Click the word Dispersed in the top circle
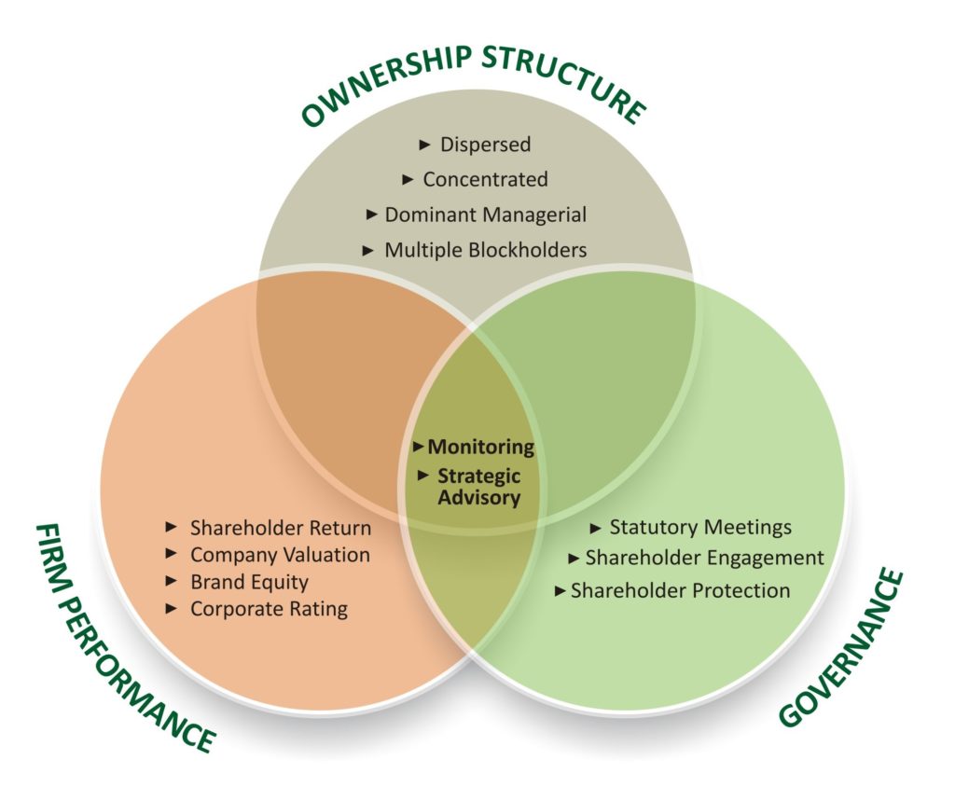coord(485,145)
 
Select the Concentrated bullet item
coord(485,179)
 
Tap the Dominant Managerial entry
coord(486,214)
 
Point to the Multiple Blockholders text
coord(486,250)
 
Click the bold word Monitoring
coord(481,447)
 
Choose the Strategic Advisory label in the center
coord(479,487)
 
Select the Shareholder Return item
coord(281,528)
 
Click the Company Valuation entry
coord(280,555)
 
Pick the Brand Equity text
coord(249,582)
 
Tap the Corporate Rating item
coord(269,609)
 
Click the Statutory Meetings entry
coord(700,527)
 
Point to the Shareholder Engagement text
coord(704,559)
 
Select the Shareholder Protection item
coord(680,590)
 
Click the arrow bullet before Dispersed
coord(425,145)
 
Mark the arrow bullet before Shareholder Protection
coord(560,590)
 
